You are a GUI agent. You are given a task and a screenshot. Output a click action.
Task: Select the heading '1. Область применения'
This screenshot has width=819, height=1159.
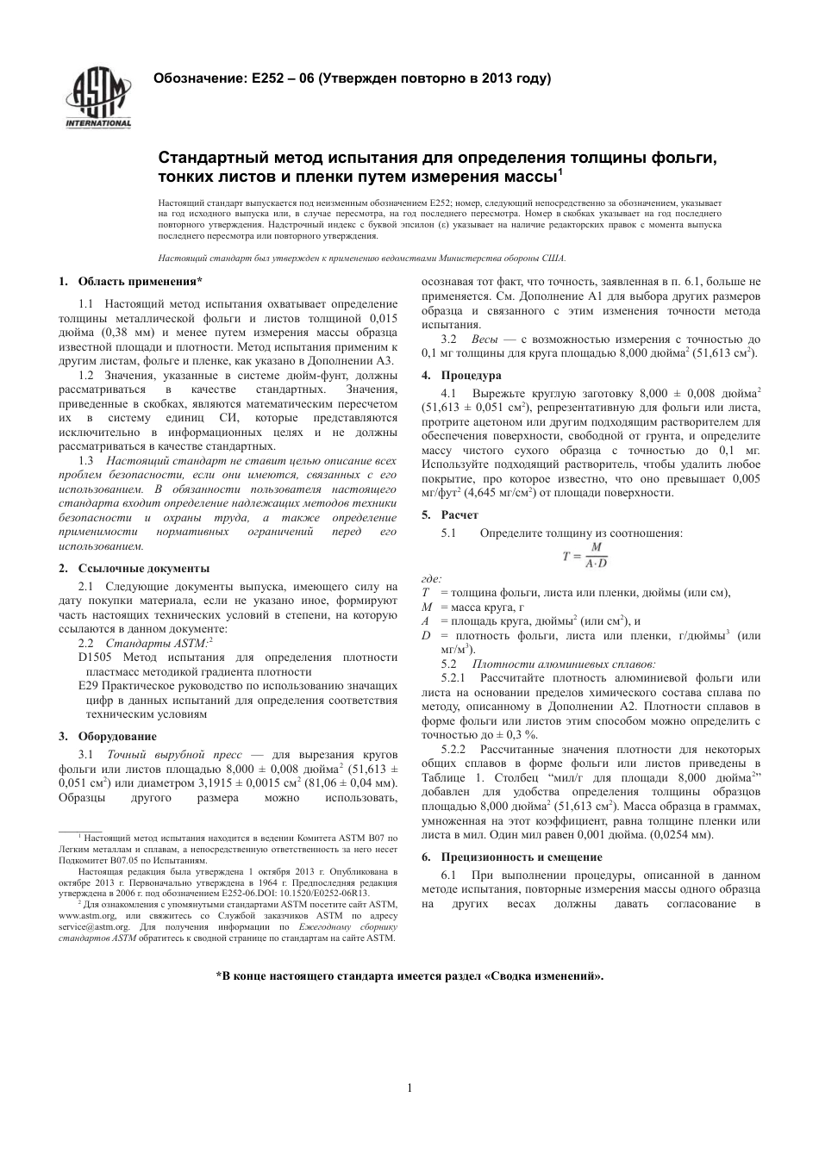point(131,281)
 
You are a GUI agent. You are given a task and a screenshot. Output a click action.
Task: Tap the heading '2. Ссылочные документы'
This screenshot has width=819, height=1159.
point(134,569)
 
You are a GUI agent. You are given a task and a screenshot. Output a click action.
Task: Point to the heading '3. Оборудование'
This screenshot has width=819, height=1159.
point(108,736)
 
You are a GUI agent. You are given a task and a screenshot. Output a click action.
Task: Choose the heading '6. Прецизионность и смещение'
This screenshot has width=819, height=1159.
point(510,857)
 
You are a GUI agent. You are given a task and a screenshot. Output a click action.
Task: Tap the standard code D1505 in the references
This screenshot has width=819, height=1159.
point(92,657)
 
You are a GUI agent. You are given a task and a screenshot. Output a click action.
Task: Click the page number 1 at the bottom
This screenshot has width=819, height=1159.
point(409,1087)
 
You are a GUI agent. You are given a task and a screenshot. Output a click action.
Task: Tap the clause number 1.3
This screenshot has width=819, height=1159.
point(86,460)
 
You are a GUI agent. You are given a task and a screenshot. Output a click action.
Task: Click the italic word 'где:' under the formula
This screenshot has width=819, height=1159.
point(431,579)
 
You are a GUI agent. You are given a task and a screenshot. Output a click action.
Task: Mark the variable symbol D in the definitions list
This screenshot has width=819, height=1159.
point(426,635)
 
